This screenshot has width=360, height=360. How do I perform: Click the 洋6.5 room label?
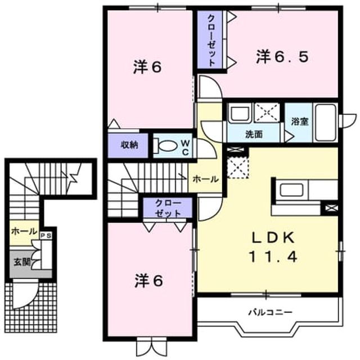(x=282, y=57)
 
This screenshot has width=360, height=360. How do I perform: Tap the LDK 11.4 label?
(x=273, y=247)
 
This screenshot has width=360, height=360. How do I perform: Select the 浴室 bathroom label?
(x=300, y=121)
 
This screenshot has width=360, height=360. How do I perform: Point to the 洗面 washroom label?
(x=254, y=134)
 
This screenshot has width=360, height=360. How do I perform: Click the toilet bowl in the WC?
(x=165, y=146)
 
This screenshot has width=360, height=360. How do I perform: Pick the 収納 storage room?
(x=128, y=146)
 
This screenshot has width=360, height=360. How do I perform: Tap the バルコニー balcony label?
(x=271, y=312)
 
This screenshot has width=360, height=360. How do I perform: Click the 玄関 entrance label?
(x=22, y=262)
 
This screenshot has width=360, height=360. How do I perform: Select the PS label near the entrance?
(x=46, y=236)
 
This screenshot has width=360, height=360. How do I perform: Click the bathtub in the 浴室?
(x=326, y=123)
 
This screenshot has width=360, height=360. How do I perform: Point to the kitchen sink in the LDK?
(x=291, y=190)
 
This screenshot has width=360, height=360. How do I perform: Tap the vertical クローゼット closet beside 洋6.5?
(x=210, y=39)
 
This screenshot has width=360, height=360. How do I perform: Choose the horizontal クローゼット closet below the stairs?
(x=168, y=208)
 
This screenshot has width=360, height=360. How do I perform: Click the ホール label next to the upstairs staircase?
(x=205, y=179)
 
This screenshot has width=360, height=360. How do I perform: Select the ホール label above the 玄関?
(x=24, y=231)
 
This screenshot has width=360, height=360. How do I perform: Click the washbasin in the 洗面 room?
(x=240, y=113)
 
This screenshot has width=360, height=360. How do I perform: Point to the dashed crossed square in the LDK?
(x=238, y=167)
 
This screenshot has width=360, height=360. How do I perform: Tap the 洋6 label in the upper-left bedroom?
(x=147, y=67)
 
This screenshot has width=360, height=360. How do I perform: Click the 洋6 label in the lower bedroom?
(x=148, y=281)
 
